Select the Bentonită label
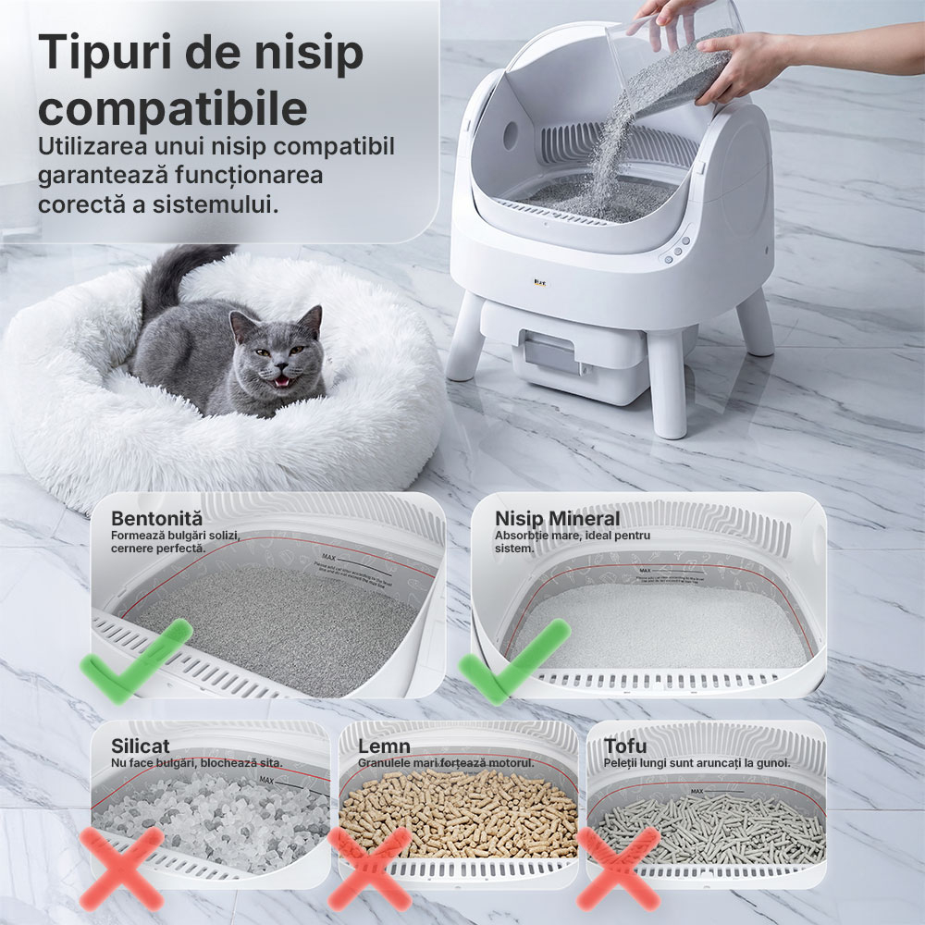coord(156,518)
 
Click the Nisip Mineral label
coord(557,518)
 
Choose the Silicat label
coord(141,746)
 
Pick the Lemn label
coord(384,746)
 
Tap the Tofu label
coord(626,746)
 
